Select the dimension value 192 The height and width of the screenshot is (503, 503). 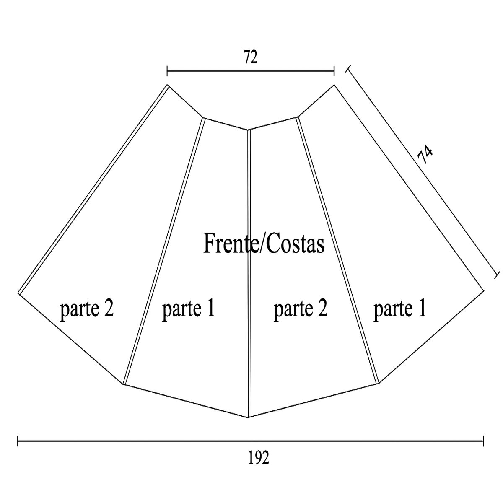pyautogui.click(x=258, y=459)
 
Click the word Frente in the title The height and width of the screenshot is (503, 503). pyautogui.click(x=228, y=244)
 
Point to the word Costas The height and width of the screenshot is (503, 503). pyautogui.click(x=296, y=244)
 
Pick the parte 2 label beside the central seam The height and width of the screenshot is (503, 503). pyautogui.click(x=300, y=309)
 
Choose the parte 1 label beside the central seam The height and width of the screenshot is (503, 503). pyautogui.click(x=188, y=309)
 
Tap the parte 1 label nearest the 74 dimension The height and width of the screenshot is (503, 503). pyautogui.click(x=399, y=309)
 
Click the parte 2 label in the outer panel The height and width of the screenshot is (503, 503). pyautogui.click(x=87, y=309)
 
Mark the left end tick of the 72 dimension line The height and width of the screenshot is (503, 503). pyautogui.click(x=167, y=71)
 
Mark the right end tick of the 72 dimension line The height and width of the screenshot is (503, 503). pyautogui.click(x=334, y=71)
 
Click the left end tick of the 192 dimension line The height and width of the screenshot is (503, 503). pyautogui.click(x=18, y=441)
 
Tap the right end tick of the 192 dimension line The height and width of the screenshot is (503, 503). pyautogui.click(x=484, y=441)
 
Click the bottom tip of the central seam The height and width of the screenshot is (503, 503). pyautogui.click(x=249, y=417)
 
